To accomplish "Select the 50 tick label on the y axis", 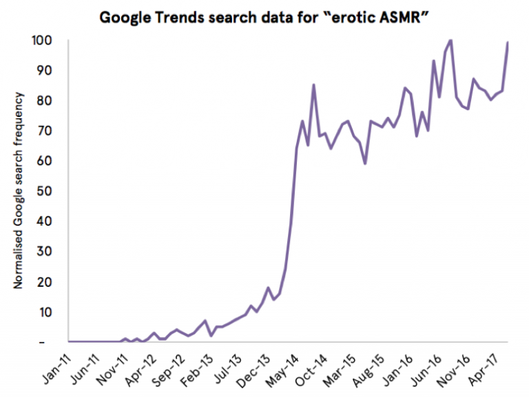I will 44,191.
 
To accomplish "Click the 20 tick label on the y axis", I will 44,281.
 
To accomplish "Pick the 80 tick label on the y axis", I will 44,100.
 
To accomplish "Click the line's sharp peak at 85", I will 313,85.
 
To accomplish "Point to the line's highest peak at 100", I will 450,40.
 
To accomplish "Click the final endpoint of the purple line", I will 508,43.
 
